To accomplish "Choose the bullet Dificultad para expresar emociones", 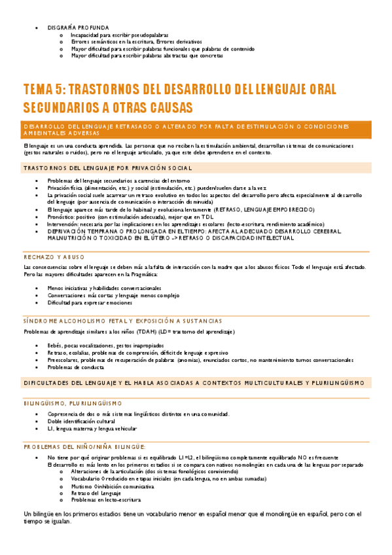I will (90, 303).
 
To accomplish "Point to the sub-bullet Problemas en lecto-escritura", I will (105, 500).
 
